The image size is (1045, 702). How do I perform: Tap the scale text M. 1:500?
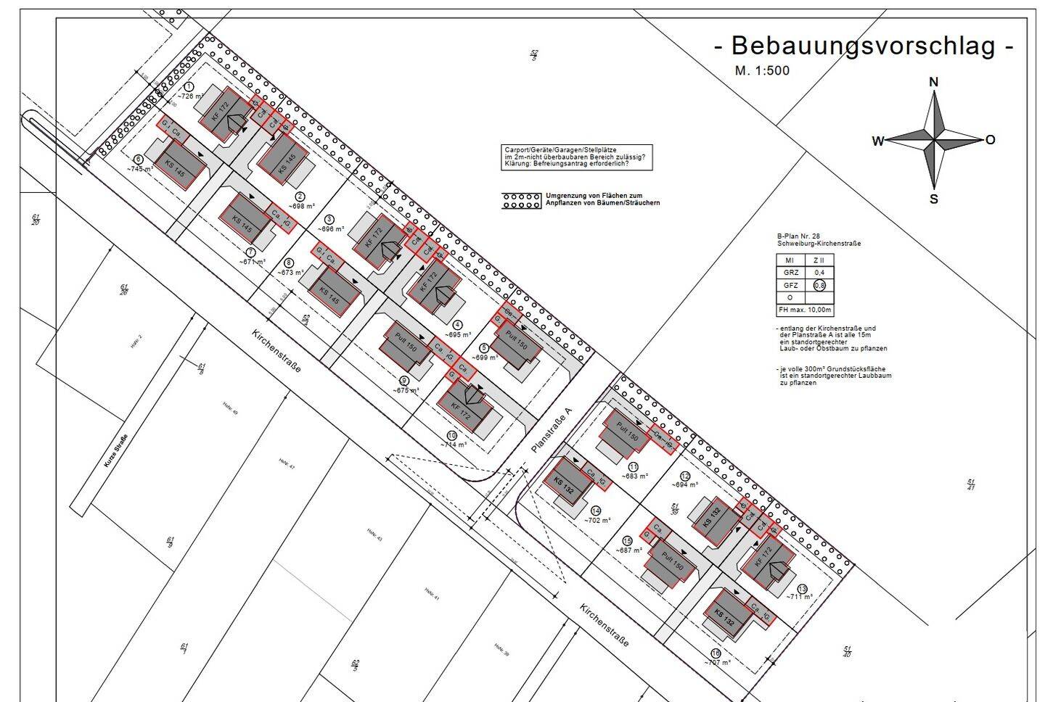[762, 70]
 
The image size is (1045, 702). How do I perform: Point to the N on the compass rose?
[934, 82]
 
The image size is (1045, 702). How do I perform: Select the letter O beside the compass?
[991, 140]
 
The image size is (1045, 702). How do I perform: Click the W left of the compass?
[878, 141]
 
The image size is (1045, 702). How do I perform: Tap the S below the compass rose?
[934, 199]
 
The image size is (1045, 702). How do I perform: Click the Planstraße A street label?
[552, 431]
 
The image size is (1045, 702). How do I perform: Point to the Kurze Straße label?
[115, 450]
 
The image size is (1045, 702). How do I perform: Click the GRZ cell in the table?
[791, 273]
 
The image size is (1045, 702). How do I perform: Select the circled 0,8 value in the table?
[819, 285]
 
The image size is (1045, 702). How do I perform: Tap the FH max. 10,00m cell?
[805, 310]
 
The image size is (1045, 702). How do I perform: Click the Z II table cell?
[819, 260]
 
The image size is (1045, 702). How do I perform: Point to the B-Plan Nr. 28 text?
[798, 236]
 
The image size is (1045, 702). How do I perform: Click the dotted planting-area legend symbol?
[520, 200]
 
